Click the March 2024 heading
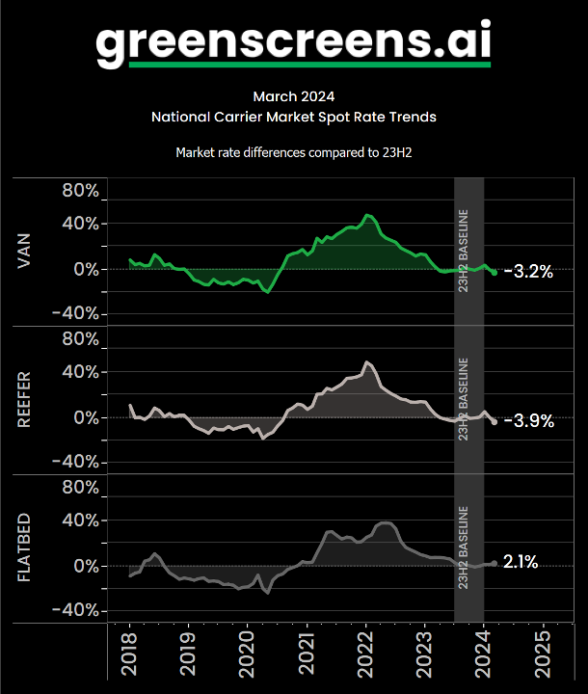[x=294, y=96]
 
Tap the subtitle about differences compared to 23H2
[x=294, y=152]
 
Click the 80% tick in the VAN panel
[x=80, y=190]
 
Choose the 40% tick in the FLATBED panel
[x=80, y=520]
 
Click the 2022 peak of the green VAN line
[x=367, y=215]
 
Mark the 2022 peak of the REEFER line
[x=366, y=362]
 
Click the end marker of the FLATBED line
[x=494, y=563]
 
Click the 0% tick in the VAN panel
[x=85, y=270]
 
